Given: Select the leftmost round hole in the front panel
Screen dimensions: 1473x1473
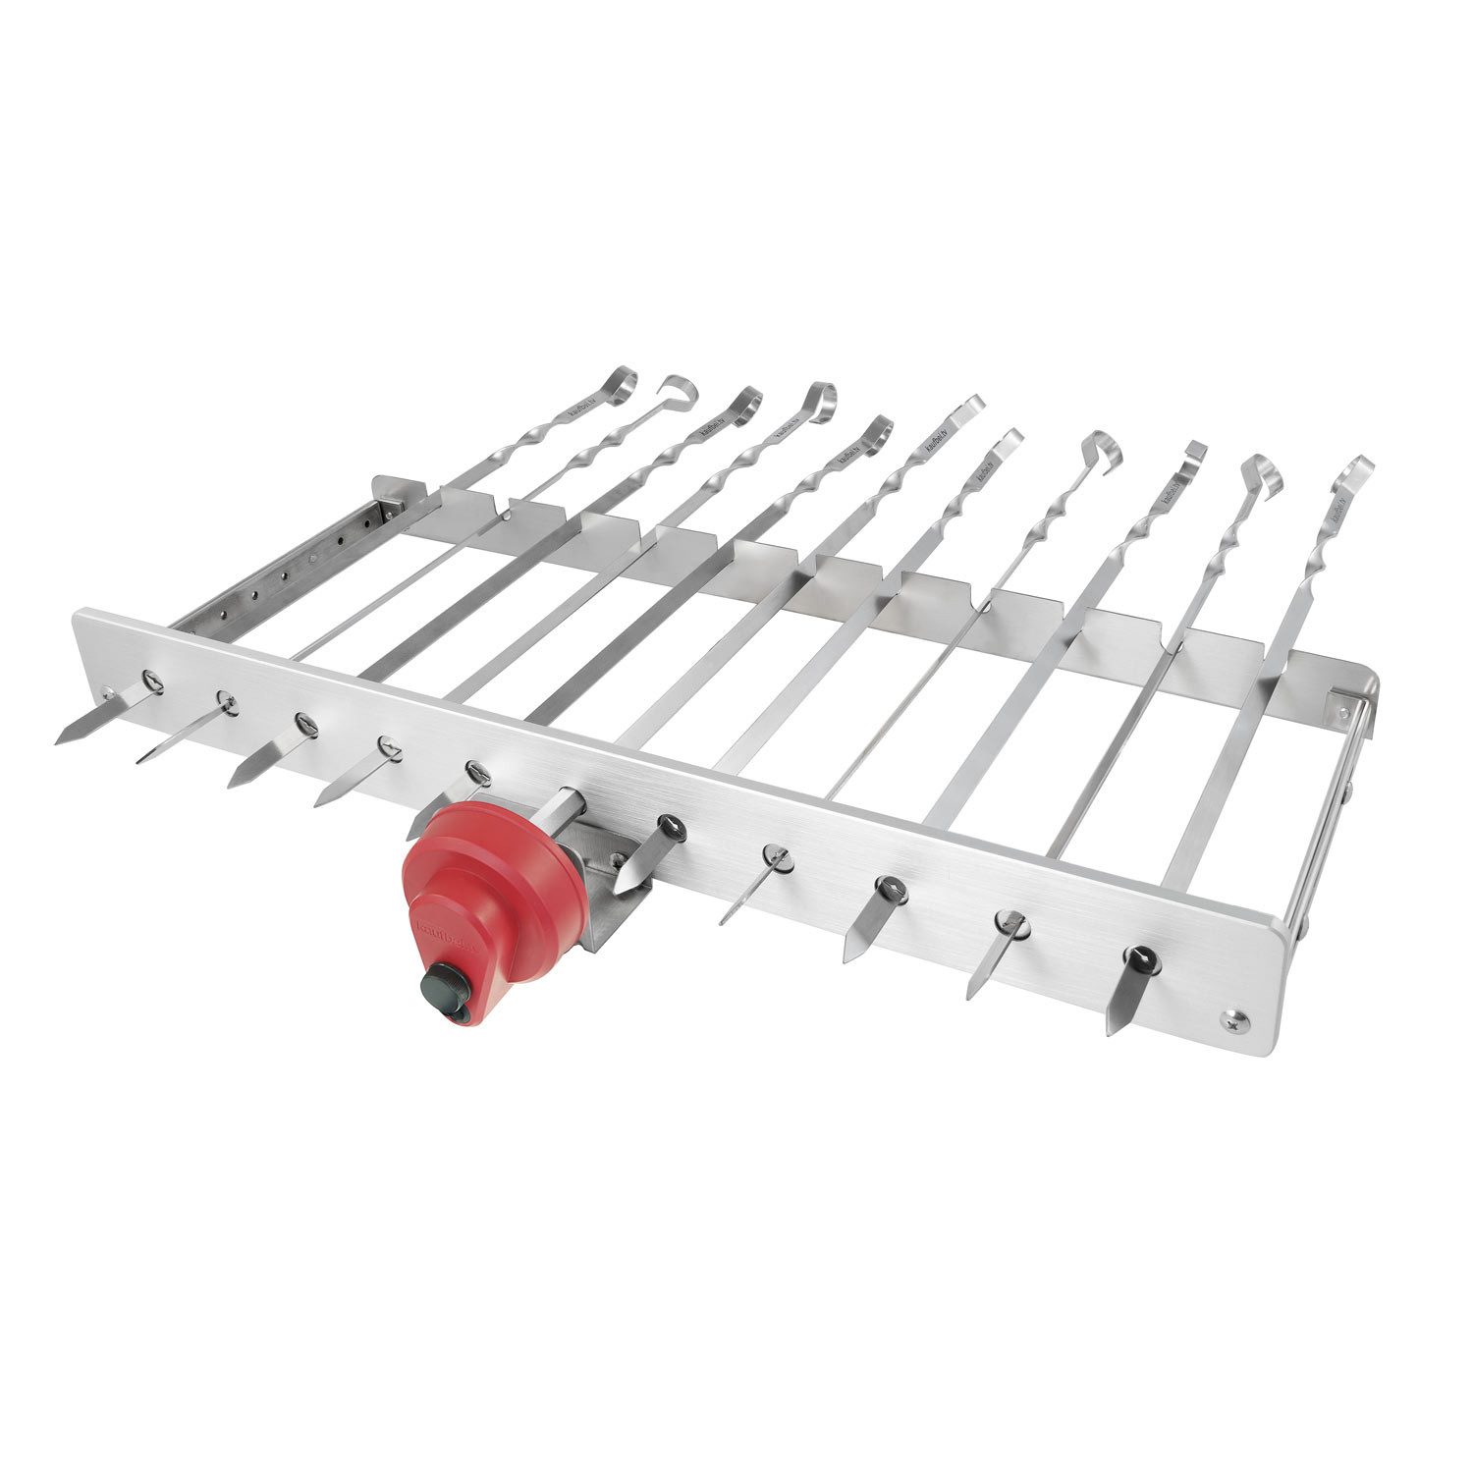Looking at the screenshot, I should (x=151, y=677).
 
